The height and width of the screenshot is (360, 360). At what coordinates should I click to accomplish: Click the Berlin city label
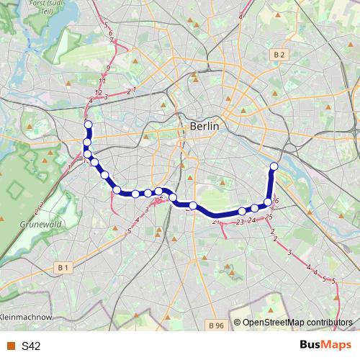204,126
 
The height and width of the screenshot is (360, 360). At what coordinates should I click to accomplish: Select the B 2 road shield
279,55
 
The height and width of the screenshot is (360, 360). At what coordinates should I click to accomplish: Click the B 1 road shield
64,267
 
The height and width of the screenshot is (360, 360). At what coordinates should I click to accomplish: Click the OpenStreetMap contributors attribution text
297,323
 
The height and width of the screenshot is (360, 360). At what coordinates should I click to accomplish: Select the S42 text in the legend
31,346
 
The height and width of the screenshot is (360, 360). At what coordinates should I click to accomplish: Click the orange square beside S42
11,346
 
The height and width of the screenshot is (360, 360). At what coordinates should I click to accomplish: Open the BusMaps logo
325,346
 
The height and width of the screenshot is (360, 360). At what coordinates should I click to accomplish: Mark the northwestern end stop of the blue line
89,125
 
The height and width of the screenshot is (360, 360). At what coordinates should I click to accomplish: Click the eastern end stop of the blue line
274,167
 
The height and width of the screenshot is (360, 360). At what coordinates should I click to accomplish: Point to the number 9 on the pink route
107,68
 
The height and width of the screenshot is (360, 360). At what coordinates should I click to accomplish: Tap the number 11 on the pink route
102,81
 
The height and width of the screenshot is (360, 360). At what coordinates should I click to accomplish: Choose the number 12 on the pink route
97,92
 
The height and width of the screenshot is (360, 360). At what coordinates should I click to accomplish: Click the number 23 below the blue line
239,222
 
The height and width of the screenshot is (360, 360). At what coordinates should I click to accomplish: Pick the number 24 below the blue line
252,220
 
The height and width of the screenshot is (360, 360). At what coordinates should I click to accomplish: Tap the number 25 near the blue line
269,217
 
